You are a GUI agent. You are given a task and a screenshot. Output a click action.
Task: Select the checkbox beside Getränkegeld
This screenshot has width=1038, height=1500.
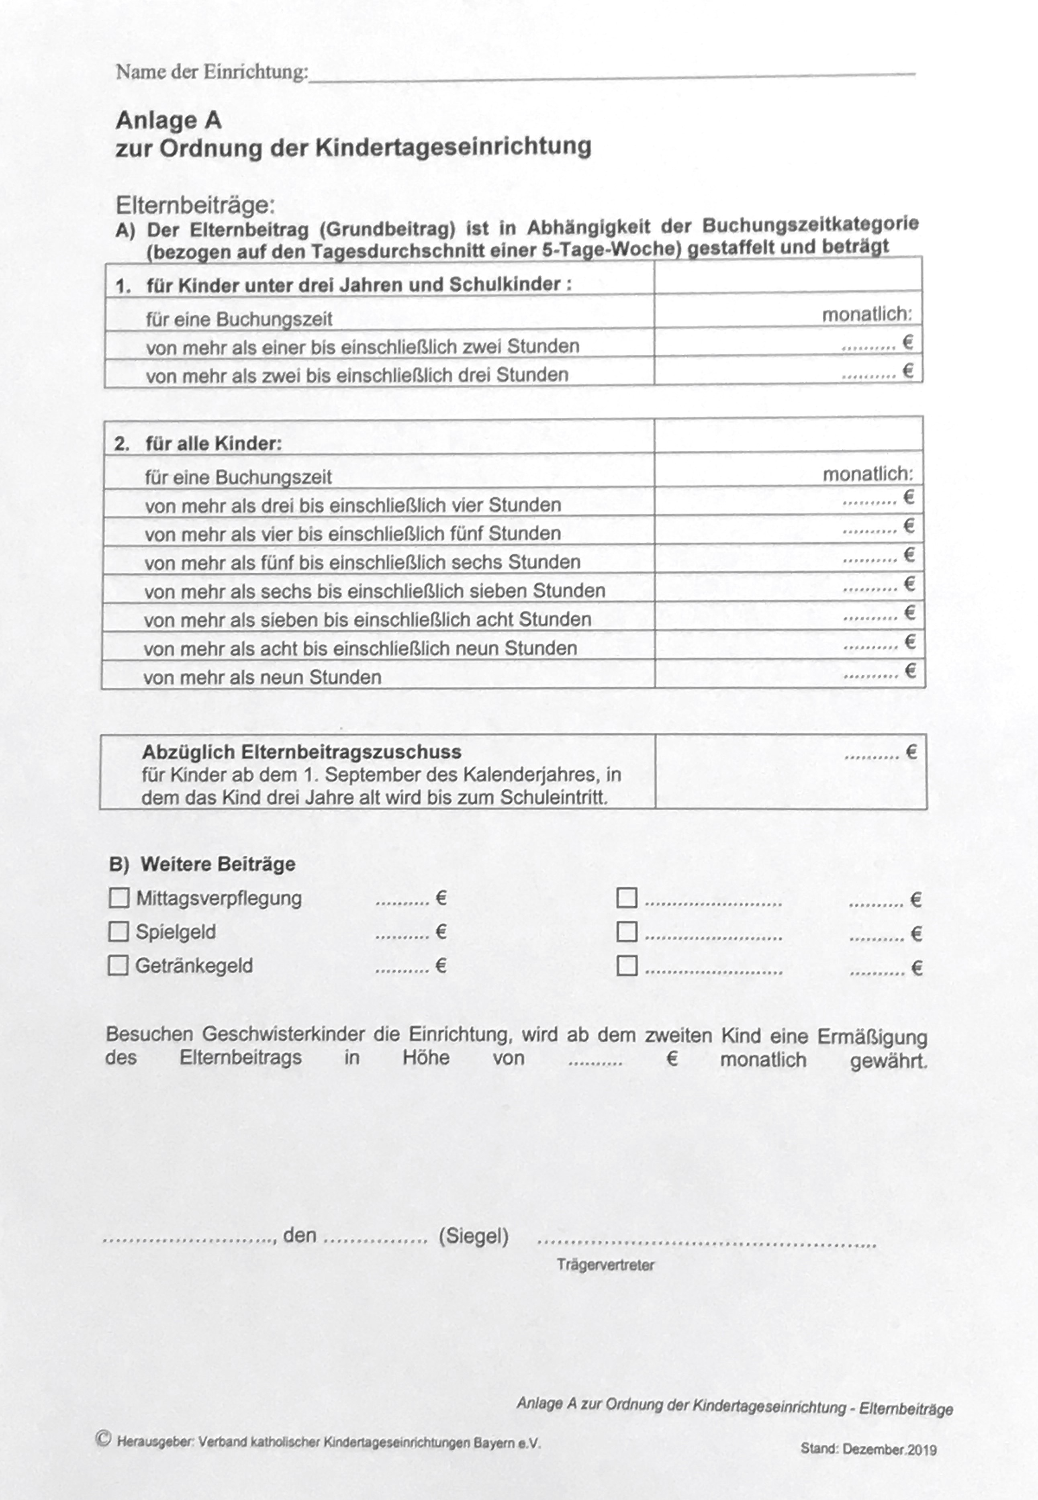point(118,966)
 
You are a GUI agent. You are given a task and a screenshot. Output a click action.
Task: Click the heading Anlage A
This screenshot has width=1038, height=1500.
point(168,120)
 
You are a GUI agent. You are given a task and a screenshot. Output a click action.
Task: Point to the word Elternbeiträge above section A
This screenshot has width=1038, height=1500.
point(196,205)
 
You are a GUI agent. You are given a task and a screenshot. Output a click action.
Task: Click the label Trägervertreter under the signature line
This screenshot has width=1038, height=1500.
point(605,1265)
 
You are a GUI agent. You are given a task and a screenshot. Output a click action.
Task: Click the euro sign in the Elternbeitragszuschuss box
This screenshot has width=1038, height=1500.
point(911,752)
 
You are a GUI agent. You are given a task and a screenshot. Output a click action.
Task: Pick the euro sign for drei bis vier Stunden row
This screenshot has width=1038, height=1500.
point(909,497)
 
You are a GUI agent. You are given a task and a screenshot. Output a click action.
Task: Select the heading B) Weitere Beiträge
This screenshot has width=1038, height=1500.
point(202,864)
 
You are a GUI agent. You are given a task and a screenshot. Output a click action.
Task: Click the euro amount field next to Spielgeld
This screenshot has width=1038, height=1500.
point(403,933)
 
